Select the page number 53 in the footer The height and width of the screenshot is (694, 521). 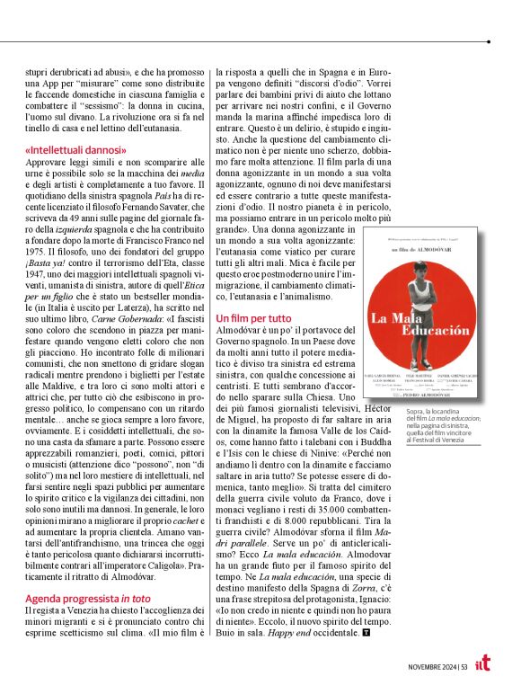pos(462,666)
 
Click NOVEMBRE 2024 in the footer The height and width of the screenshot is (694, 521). pos(428,666)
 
